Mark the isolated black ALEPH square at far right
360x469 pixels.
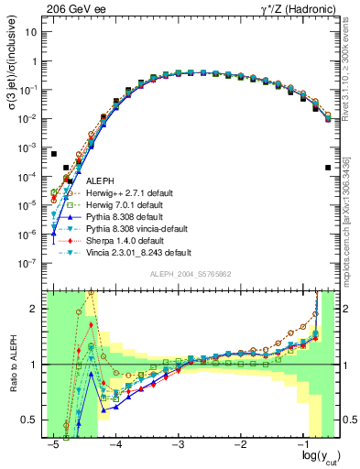[x=328, y=168]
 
